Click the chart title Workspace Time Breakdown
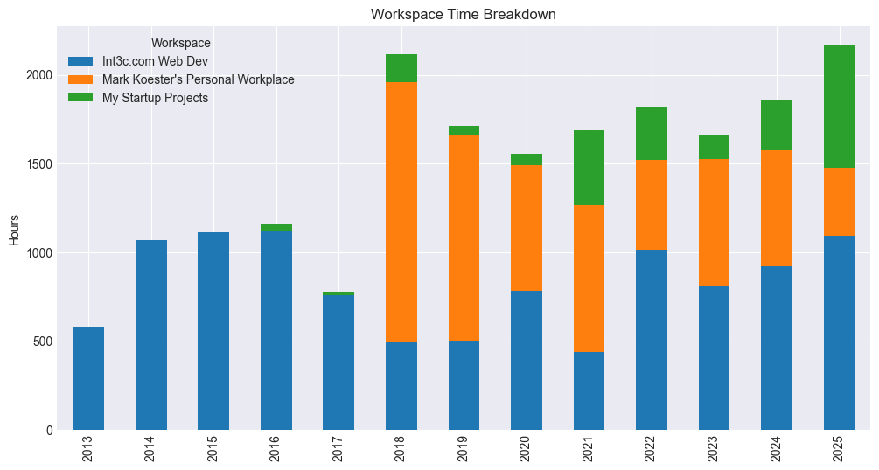pyautogui.click(x=463, y=14)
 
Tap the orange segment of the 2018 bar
pyautogui.click(x=401, y=211)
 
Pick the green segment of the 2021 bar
pyautogui.click(x=589, y=168)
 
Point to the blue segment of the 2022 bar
pyautogui.click(x=652, y=340)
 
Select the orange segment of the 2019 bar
pyautogui.click(x=464, y=238)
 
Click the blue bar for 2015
pyautogui.click(x=213, y=331)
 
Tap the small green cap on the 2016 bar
pyautogui.click(x=276, y=227)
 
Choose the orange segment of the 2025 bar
pyautogui.click(x=840, y=202)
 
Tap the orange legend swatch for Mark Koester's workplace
pyautogui.click(x=80, y=79)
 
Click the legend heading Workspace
pyautogui.click(x=180, y=42)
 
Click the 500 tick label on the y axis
pyautogui.click(x=39, y=342)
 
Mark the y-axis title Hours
pyautogui.click(x=14, y=229)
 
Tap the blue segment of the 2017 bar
pyautogui.click(x=338, y=363)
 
